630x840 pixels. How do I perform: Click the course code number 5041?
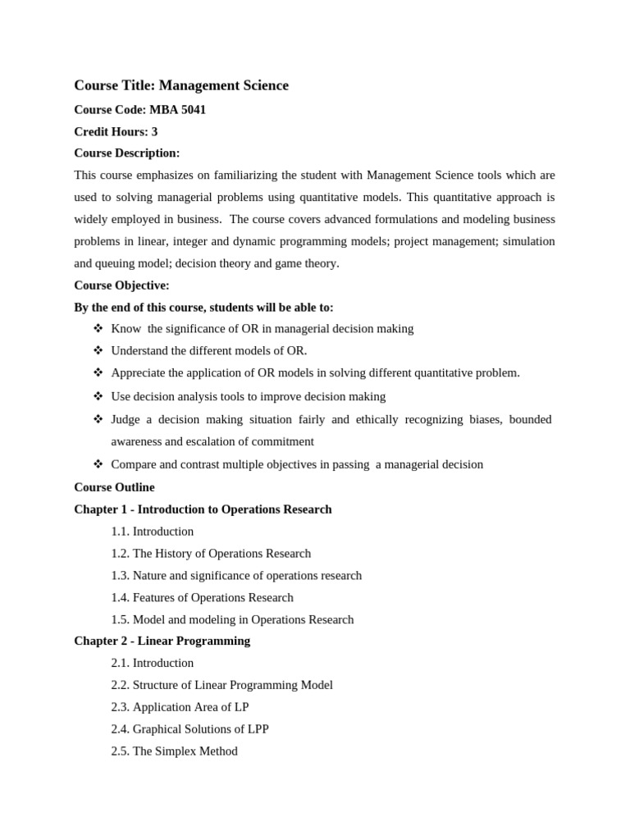192,110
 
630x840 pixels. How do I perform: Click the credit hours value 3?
154,131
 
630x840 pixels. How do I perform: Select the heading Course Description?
126,153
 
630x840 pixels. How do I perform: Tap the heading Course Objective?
121,285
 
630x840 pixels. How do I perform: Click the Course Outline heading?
114,487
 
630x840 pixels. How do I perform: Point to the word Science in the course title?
264,85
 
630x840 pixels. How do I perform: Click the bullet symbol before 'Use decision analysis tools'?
98,396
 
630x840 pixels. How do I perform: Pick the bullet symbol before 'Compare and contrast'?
98,464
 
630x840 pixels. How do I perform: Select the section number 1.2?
121,554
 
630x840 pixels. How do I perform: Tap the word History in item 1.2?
175,554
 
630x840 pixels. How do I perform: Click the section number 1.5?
121,620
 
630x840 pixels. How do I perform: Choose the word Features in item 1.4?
155,598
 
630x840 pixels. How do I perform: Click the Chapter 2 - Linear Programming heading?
162,641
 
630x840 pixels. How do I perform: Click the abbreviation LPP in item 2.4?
256,729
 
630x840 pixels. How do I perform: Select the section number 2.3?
121,707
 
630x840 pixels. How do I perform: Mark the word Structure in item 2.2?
157,685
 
